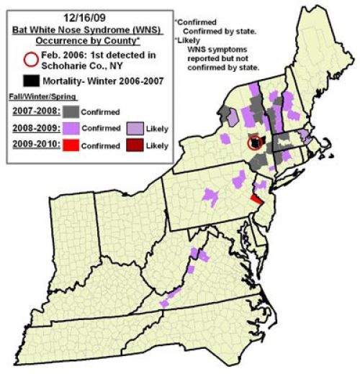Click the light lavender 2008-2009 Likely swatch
pyautogui.click(x=137, y=128)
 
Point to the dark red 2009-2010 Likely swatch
pyautogui.click(x=137, y=145)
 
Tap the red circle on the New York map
pyautogui.click(x=255, y=142)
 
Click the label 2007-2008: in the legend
pyautogui.click(x=35, y=111)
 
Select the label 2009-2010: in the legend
pyautogui.click(x=35, y=145)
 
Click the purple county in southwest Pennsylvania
pyautogui.click(x=210, y=195)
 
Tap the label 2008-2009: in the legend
pyautogui.click(x=35, y=128)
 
